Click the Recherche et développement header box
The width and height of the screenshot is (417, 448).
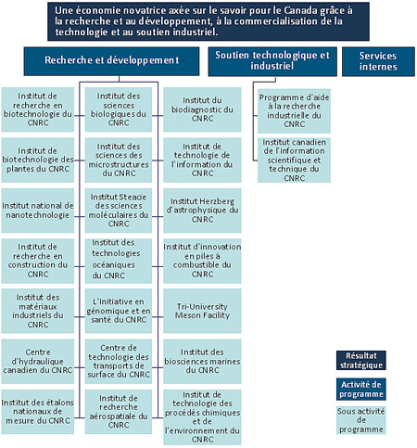pyautogui.click(x=110, y=60)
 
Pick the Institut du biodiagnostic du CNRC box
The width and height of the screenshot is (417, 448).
pyautogui.click(x=202, y=109)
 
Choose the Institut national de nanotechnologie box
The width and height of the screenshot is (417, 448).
pyautogui.click(x=37, y=210)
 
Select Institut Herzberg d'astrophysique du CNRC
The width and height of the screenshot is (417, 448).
pyautogui.click(x=202, y=210)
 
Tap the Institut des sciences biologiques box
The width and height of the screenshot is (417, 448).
pyautogui.click(x=119, y=109)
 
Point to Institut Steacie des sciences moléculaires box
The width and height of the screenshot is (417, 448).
pyautogui.click(x=119, y=210)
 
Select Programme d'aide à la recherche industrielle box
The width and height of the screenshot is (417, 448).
pyautogui.click(x=295, y=109)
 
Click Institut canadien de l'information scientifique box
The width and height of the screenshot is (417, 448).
pyautogui.click(x=295, y=160)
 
